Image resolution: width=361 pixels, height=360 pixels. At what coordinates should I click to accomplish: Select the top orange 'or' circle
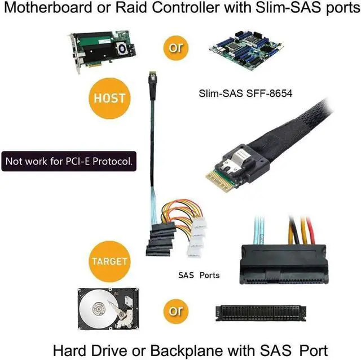[x=176, y=47]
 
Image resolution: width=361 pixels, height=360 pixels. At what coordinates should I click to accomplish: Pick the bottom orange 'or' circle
[x=176, y=310]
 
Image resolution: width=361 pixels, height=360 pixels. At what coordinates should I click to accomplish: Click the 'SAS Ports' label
[x=199, y=275]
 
